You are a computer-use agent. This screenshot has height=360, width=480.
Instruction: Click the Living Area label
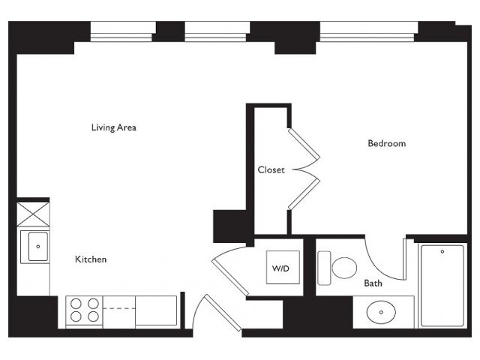(x=113, y=127)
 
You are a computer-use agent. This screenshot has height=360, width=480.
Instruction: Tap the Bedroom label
(x=387, y=143)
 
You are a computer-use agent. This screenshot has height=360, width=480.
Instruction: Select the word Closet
(x=271, y=169)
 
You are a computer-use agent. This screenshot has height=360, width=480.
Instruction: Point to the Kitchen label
(x=91, y=259)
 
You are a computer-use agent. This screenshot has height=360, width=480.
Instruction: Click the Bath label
(x=373, y=283)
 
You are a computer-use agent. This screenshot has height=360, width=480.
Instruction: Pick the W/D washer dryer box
(x=283, y=267)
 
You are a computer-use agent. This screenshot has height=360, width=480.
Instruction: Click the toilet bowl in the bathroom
(x=344, y=268)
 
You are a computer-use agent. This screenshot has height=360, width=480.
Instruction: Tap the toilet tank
(x=324, y=268)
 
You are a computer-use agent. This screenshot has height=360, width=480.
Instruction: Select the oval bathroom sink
(x=381, y=312)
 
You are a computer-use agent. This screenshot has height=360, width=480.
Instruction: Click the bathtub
(x=442, y=285)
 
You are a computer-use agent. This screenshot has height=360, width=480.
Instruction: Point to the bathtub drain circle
(x=442, y=252)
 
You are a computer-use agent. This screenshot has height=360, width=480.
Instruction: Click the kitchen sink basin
(x=38, y=247)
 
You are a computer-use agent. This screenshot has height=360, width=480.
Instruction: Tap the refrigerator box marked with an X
(x=33, y=214)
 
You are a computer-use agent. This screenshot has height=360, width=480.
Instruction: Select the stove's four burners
(x=85, y=310)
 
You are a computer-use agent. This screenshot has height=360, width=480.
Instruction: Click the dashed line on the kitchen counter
(x=119, y=308)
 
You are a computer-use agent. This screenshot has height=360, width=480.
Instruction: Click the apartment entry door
(x=223, y=313)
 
